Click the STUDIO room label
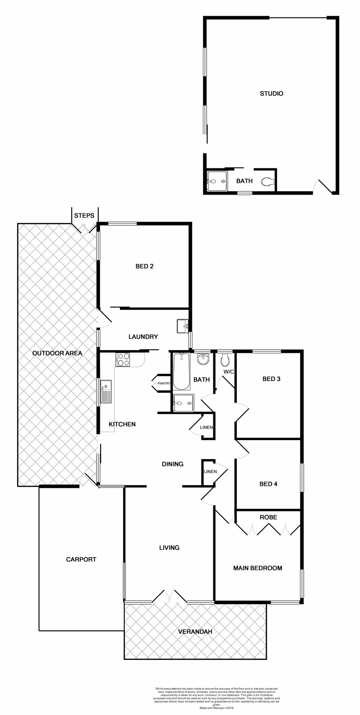[x=271, y=93]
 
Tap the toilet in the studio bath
[x=267, y=182]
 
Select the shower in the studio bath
[x=217, y=181]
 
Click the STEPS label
[x=84, y=216]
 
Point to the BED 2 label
[x=144, y=266]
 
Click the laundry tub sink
[x=182, y=326]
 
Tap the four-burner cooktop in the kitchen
[x=124, y=359]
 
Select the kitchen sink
[x=106, y=391]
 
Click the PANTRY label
[x=164, y=383]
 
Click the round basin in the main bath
[x=203, y=359]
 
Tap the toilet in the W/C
[x=224, y=360]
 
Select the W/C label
[x=228, y=372]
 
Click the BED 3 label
[x=271, y=379]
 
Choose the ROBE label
[x=268, y=517]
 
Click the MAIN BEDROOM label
[x=258, y=568]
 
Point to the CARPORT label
[x=81, y=559]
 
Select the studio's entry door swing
[x=322, y=187]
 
